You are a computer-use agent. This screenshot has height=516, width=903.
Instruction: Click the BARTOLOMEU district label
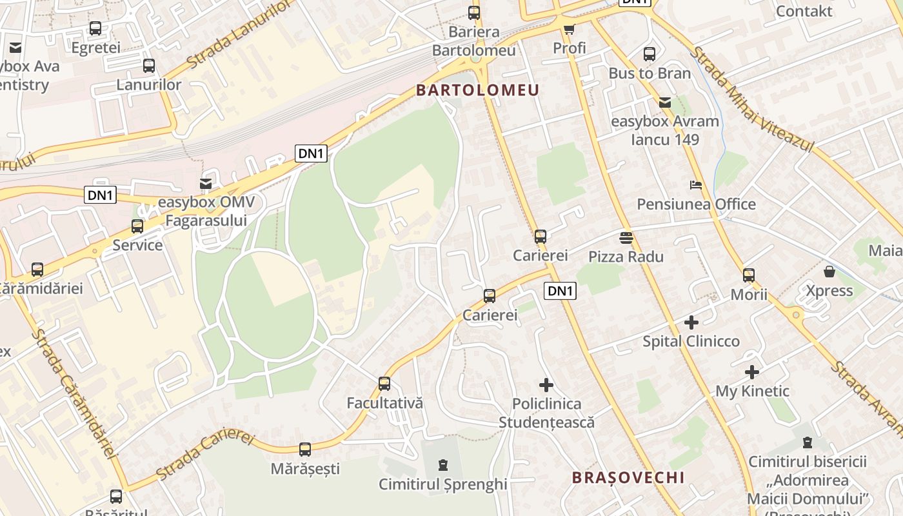pyautogui.click(x=477, y=90)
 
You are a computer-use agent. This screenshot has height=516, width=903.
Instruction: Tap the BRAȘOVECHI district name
pyautogui.click(x=628, y=477)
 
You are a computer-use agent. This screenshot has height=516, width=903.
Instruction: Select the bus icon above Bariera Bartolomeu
pyautogui.click(x=474, y=12)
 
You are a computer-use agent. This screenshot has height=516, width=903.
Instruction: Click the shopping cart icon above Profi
pyautogui.click(x=569, y=29)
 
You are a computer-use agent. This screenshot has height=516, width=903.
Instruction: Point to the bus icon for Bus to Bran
pyautogui.click(x=650, y=54)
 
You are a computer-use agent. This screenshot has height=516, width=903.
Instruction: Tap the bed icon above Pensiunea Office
pyautogui.click(x=696, y=185)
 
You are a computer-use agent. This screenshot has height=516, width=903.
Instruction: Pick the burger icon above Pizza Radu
pyautogui.click(x=626, y=238)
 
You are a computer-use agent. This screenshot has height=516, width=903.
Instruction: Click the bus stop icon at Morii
pyautogui.click(x=748, y=275)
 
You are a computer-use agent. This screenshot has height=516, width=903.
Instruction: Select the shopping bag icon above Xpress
pyautogui.click(x=829, y=272)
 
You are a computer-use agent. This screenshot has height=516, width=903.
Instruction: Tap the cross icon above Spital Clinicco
pyautogui.click(x=691, y=322)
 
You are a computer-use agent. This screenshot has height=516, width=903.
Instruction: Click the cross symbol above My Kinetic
pyautogui.click(x=752, y=372)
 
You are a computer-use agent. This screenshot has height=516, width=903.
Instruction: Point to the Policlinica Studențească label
pyautogui.click(x=546, y=413)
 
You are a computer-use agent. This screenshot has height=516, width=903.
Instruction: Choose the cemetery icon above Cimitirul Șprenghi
pyautogui.click(x=442, y=464)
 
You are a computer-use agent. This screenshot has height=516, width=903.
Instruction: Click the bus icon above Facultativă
pyautogui.click(x=384, y=384)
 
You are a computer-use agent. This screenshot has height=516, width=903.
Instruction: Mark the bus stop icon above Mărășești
pyautogui.click(x=305, y=450)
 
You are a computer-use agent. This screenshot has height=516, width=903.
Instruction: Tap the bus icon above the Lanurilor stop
pyautogui.click(x=149, y=66)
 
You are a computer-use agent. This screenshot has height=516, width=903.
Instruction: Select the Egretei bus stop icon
pyautogui.click(x=95, y=28)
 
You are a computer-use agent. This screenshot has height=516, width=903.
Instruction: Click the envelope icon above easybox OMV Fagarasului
pyautogui.click(x=206, y=184)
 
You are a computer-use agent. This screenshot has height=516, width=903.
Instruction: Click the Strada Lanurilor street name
pyautogui.click(x=239, y=35)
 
